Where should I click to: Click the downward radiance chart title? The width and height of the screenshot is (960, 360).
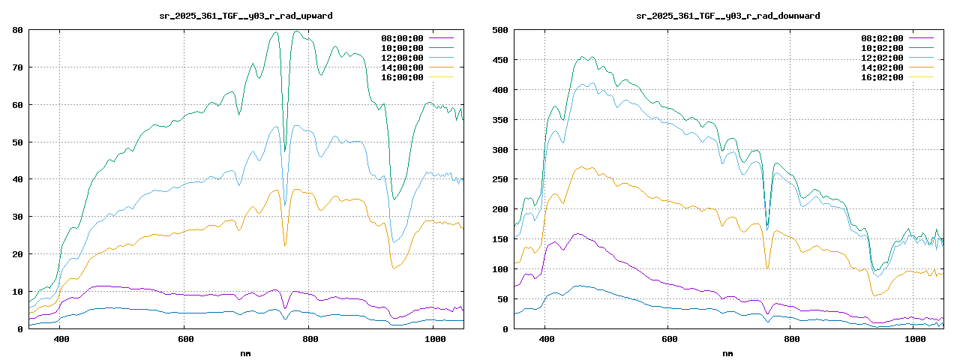pyautogui.click(x=727, y=16)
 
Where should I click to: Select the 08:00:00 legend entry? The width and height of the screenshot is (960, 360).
pyautogui.click(x=402, y=38)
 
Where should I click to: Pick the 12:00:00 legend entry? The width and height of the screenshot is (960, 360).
pyautogui.click(x=402, y=58)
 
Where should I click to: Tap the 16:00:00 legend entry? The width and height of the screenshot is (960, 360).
pyautogui.click(x=402, y=77)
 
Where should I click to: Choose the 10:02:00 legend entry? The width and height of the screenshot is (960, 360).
pyautogui.click(x=882, y=48)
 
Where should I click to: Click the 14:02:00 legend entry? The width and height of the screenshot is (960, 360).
pyautogui.click(x=882, y=67)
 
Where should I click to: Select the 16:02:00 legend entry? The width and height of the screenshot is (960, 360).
pyautogui.click(x=882, y=77)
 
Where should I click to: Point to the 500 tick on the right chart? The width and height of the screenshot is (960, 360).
pyautogui.click(x=499, y=30)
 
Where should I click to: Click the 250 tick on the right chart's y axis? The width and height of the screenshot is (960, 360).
pyautogui.click(x=499, y=179)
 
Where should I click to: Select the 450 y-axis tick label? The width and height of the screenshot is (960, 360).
pyautogui.click(x=499, y=60)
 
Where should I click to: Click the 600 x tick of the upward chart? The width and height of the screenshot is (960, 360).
pyautogui.click(x=184, y=339)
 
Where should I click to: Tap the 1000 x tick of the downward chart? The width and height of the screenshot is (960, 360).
pyautogui.click(x=913, y=339)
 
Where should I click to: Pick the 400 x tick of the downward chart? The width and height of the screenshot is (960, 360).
pyautogui.click(x=546, y=339)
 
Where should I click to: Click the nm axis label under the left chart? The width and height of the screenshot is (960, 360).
pyautogui.click(x=246, y=352)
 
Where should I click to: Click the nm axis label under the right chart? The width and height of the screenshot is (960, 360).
pyautogui.click(x=727, y=352)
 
